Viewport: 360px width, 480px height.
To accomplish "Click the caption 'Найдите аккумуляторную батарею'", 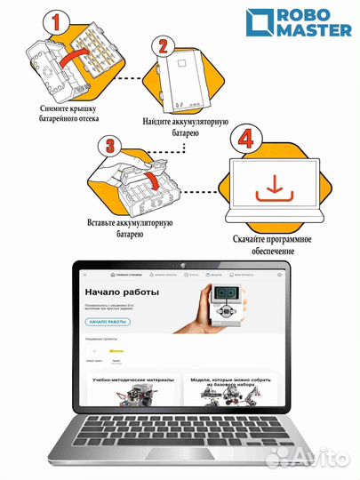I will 185,126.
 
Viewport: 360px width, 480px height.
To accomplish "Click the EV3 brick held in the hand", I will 227,307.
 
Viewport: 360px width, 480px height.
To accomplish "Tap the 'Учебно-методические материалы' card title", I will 133,379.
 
